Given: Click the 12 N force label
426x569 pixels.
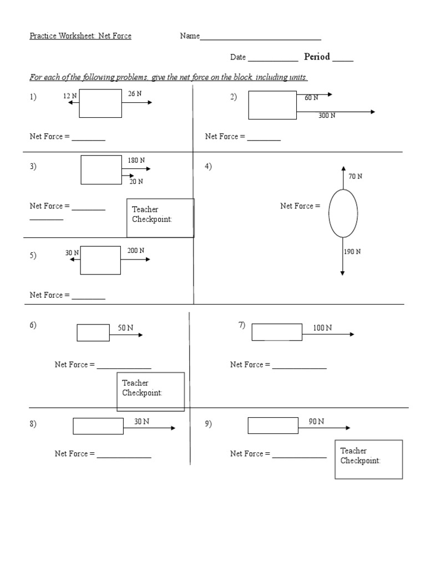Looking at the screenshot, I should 70,96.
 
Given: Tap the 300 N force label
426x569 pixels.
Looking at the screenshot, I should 327,116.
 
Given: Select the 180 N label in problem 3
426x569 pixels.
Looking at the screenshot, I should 136,161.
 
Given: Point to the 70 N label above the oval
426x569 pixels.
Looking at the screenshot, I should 356,177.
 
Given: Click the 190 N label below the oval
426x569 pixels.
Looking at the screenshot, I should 352,252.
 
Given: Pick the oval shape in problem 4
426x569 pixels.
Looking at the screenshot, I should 343,213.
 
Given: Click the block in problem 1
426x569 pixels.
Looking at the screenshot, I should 100,103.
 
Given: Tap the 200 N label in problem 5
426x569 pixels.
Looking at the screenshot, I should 136,251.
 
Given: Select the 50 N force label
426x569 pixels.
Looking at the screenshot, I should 125,328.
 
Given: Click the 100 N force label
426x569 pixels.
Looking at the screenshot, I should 322,328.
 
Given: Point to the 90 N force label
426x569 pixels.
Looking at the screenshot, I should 316,422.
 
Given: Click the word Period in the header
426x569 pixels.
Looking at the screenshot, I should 317,57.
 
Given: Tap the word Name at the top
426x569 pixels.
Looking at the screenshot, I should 190,36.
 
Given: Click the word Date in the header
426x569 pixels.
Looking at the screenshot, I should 238,58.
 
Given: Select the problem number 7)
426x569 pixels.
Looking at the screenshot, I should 242,325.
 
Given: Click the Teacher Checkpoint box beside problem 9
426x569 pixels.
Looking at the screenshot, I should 368,460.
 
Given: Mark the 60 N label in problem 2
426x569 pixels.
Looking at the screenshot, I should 311,98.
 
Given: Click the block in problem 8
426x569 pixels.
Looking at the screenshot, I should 98,426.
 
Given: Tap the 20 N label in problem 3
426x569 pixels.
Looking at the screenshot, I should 136,181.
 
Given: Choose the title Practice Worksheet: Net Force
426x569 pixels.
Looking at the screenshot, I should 80,36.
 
